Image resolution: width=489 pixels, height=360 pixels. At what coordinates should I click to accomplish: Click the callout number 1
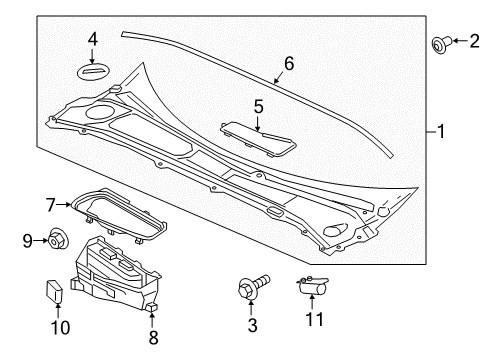coord(441,131)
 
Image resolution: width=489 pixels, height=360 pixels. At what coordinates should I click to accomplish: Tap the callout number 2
coord(474,41)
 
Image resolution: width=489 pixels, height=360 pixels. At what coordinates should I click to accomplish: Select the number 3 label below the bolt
coord(252,325)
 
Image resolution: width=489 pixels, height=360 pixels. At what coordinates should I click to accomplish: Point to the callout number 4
coord(93,39)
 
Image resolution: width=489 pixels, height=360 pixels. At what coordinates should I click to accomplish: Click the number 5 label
coord(258,107)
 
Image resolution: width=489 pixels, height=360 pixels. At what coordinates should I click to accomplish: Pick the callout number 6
coord(289,63)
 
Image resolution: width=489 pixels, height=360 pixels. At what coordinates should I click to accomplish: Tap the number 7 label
coord(50,205)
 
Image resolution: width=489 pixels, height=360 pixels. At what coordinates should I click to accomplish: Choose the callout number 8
coord(153,337)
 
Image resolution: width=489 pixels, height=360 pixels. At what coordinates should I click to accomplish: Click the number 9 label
coord(28,241)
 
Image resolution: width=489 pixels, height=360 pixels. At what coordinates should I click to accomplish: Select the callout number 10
coord(60,327)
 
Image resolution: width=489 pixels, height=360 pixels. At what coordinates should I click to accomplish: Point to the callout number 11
coord(315,319)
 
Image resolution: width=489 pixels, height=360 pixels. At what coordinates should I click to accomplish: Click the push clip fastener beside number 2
coord(441,44)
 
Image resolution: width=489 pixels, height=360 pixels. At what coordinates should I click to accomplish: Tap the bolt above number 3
coord(254,286)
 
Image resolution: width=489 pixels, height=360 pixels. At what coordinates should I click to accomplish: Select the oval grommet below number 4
coord(94,71)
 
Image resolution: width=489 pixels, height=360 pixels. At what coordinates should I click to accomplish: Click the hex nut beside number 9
coord(58,238)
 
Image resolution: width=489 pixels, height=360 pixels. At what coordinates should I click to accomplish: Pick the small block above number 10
coord(53,291)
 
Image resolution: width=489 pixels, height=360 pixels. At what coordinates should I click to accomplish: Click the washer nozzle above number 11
coord(312,285)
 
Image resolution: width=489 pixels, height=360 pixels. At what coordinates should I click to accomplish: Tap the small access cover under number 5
coord(258,138)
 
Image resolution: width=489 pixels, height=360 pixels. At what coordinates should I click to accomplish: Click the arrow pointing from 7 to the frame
coord(63,205)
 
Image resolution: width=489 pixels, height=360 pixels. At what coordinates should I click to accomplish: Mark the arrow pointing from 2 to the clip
coord(460,41)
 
